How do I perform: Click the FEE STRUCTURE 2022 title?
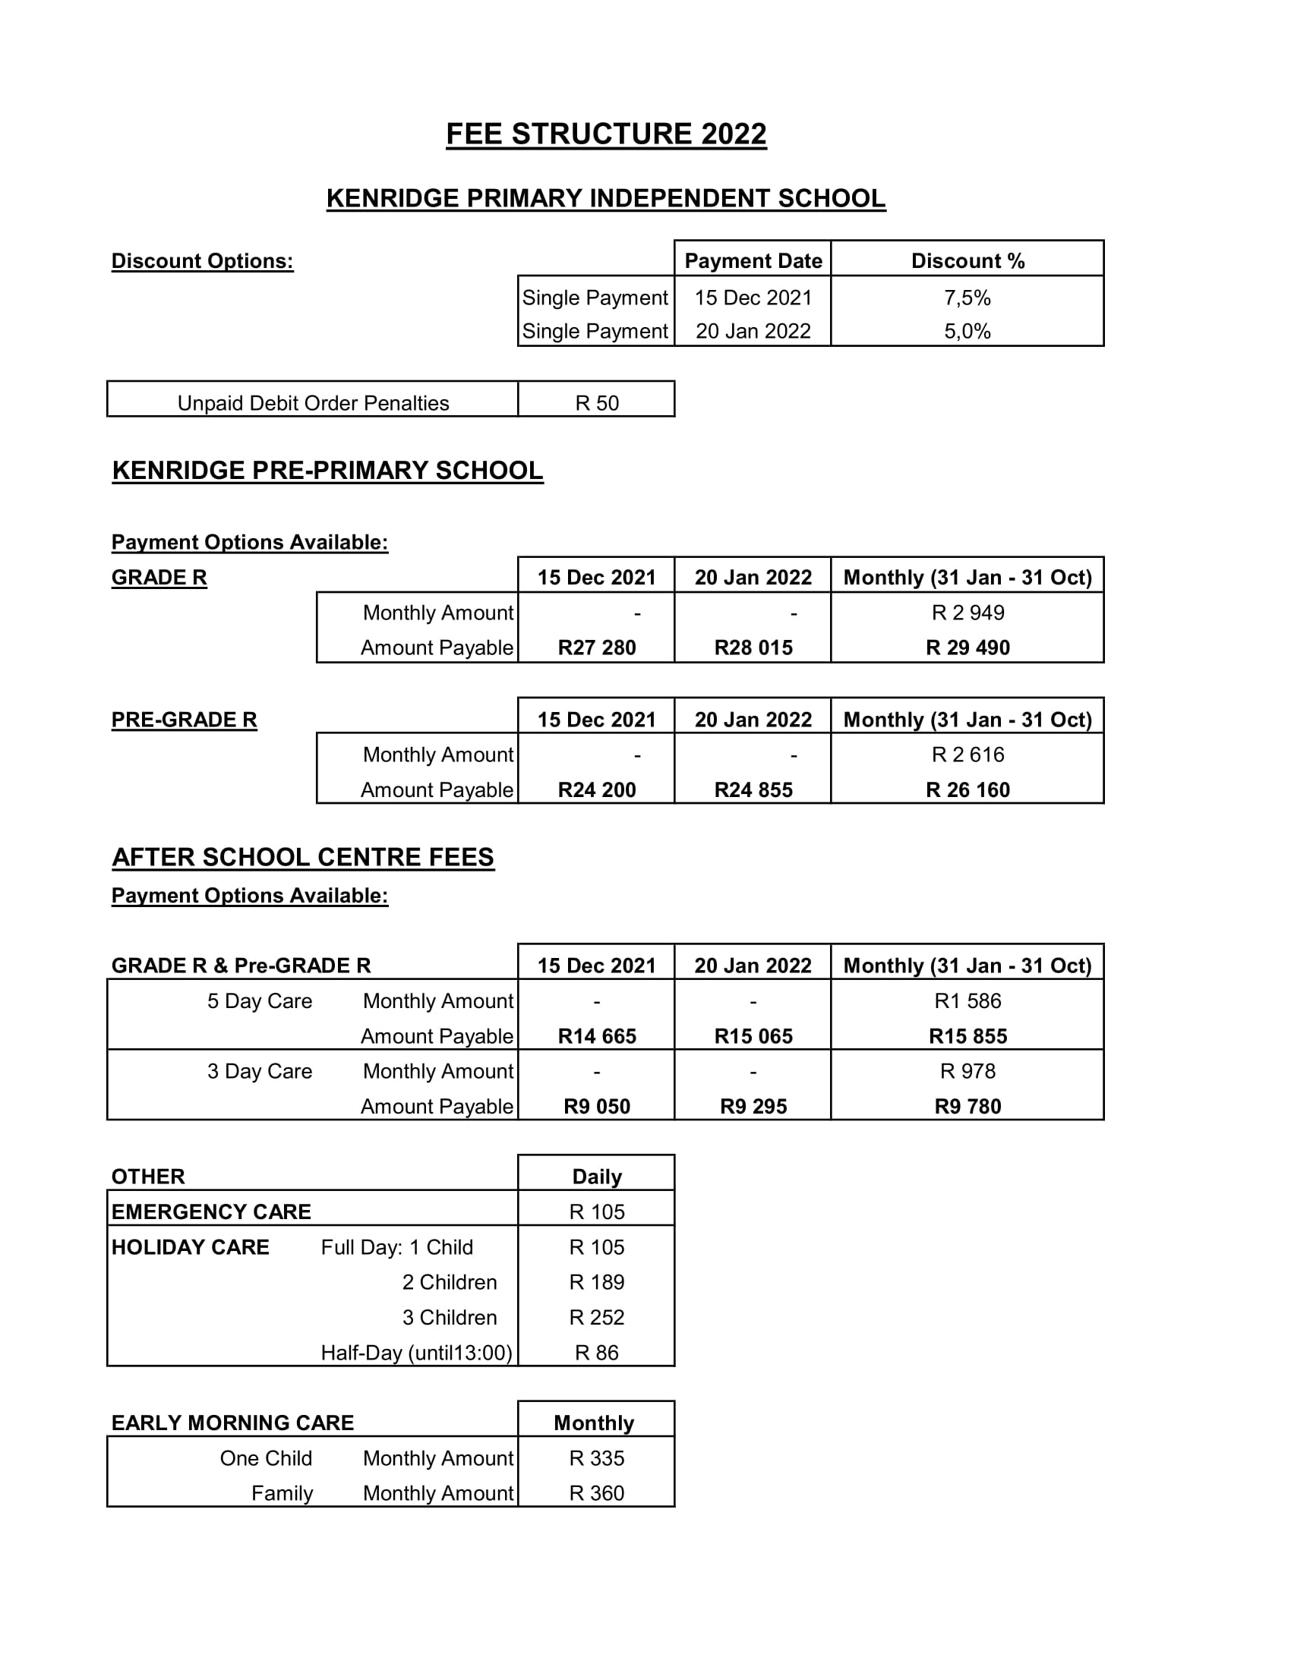(x=606, y=134)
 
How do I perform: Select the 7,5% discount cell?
(x=967, y=298)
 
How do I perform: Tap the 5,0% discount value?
(x=967, y=331)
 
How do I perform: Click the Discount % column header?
(x=967, y=260)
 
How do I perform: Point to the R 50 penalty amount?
(x=597, y=403)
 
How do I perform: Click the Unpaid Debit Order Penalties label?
(x=313, y=403)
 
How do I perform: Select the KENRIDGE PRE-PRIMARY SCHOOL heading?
(x=327, y=471)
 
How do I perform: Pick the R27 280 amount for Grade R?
(x=597, y=648)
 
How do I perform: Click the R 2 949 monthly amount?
(x=967, y=613)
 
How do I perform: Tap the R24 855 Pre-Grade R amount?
(x=753, y=790)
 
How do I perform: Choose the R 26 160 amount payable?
(x=967, y=790)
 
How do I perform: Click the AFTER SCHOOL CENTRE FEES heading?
(x=303, y=857)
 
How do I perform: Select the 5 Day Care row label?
(x=259, y=1001)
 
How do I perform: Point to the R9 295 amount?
(x=753, y=1107)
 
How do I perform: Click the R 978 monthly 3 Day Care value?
(x=967, y=1071)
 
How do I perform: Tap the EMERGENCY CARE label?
(x=211, y=1212)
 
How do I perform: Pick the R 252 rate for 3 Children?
(x=597, y=1318)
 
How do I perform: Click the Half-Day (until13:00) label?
(x=416, y=1353)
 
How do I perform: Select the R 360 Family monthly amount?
(x=597, y=1493)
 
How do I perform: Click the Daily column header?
(x=597, y=1177)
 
